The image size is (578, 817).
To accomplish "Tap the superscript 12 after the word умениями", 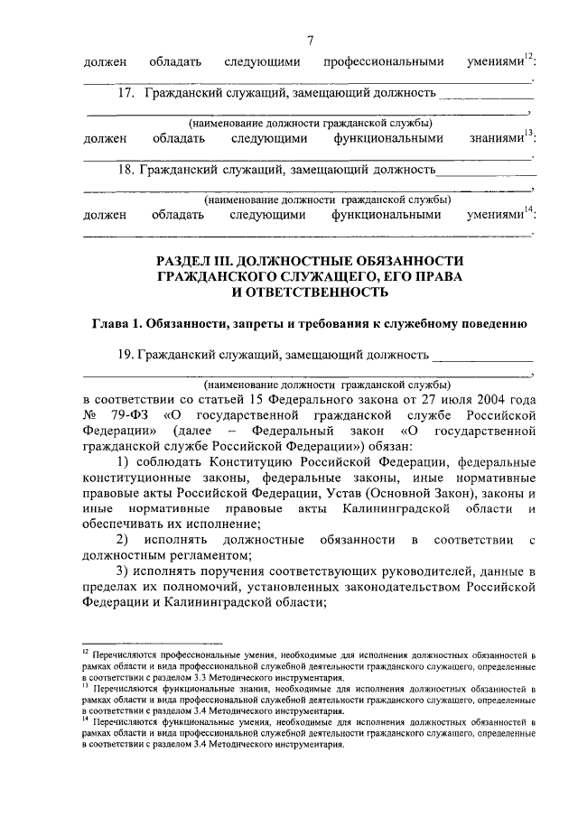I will click(530, 58).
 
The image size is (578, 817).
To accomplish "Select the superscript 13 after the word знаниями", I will click(530, 135).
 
